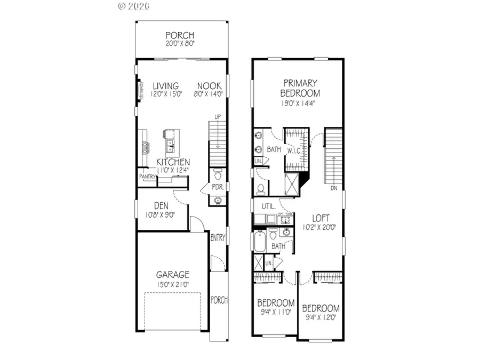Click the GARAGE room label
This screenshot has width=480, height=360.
pyautogui.click(x=173, y=275)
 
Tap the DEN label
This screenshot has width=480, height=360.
pyautogui.click(x=162, y=206)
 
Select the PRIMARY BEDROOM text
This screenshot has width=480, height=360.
pyautogui.click(x=300, y=89)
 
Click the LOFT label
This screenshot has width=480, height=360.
pyautogui.click(x=321, y=218)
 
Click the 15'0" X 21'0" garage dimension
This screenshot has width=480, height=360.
pyautogui.click(x=173, y=284)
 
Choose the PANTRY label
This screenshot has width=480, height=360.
pyautogui.click(x=147, y=176)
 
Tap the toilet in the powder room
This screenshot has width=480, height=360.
pyautogui.click(x=217, y=175)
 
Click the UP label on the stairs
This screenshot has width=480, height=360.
pyautogui.click(x=217, y=116)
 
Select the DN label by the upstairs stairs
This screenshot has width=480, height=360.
pyautogui.click(x=334, y=188)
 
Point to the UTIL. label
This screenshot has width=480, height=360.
pyautogui.click(x=268, y=206)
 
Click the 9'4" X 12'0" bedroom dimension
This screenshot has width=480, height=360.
pyautogui.click(x=321, y=318)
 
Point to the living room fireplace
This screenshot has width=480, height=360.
pyautogui.click(x=140, y=90)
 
